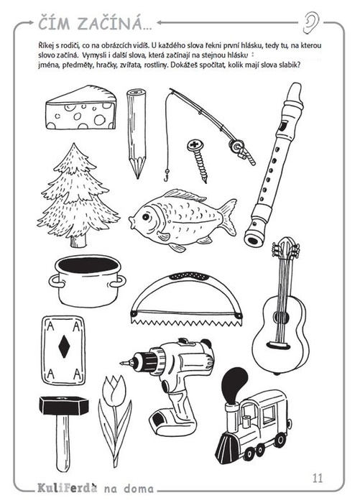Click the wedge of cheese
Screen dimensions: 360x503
coord(81,108)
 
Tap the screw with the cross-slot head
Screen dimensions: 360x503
coord(198,160)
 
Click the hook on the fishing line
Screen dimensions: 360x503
coord(166,177)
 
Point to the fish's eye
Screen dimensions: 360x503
coord(147,217)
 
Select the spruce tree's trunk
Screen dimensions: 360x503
coord(78,241)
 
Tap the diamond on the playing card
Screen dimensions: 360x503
coord(64,346)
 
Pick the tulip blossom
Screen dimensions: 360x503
coord(112,389)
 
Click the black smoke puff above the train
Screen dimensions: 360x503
coord(234,383)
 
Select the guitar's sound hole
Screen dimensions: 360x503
coord(282,318)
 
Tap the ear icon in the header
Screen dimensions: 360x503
coord(311,22)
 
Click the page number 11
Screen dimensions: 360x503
coord(318,479)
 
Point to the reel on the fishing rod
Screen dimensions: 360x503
coord(238,147)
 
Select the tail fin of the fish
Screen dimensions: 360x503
coord(228,216)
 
